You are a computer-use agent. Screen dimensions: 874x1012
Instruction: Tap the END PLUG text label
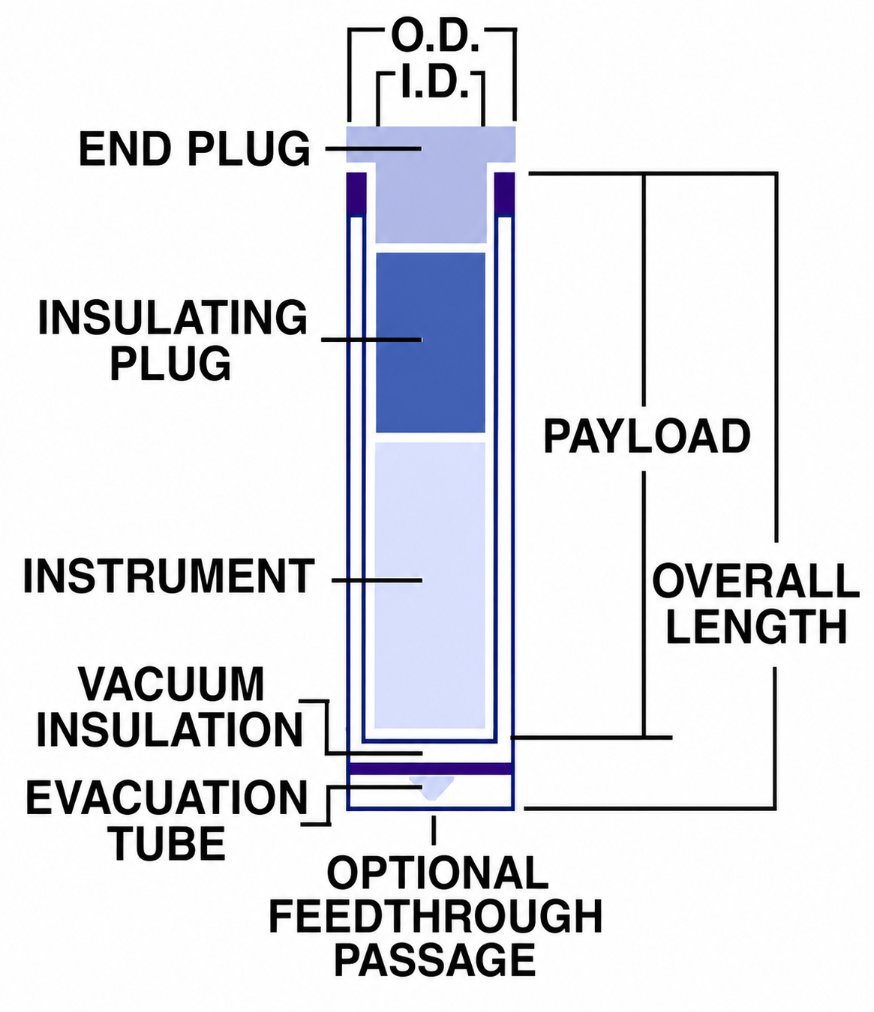[x=194, y=149]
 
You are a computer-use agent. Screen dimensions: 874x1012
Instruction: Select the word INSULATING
[x=173, y=318]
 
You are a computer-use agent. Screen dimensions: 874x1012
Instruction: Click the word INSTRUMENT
[x=169, y=576]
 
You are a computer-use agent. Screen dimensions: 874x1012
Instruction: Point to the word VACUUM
[x=172, y=684]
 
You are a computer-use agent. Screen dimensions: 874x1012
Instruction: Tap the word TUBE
[x=170, y=843]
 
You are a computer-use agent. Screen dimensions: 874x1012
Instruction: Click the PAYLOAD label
[x=647, y=436]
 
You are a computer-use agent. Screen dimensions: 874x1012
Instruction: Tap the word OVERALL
[x=756, y=582]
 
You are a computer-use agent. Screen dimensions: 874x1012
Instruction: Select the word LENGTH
[x=756, y=627]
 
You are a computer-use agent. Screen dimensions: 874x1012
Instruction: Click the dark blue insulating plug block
[x=431, y=343]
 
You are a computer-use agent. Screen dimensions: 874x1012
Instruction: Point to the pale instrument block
[x=430, y=585]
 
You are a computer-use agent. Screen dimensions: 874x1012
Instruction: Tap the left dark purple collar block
[x=356, y=194]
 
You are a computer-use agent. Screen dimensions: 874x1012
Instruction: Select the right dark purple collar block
[x=505, y=194]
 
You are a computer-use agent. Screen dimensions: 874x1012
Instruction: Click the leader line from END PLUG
[x=374, y=148]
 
